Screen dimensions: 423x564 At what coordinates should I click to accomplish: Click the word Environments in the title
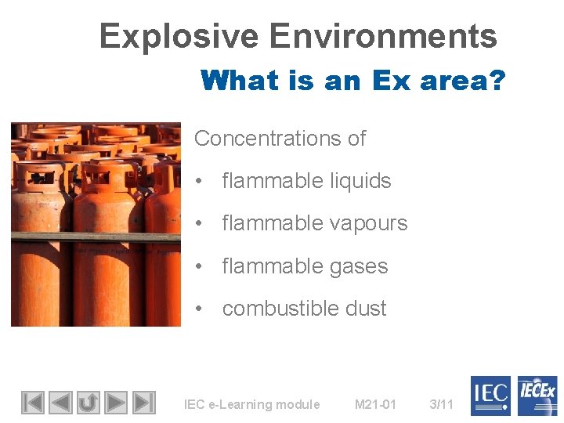coord(383,37)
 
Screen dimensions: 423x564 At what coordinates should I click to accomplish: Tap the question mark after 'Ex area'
coord(496,80)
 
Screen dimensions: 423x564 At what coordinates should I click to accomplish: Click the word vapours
coord(368,223)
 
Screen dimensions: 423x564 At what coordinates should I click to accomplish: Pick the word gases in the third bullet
coord(359,266)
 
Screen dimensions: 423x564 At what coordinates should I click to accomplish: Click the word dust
coord(366,309)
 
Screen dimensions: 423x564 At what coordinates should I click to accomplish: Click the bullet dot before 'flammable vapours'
coord(202,224)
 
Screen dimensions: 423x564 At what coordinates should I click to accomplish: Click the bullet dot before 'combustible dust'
coord(202,309)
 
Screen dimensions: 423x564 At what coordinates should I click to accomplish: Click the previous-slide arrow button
coord(60,403)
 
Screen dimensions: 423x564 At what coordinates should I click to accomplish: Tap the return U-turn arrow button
coord(88,403)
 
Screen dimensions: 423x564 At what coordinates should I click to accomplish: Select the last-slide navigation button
coord(143,403)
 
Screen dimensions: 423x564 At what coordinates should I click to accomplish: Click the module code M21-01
coord(375,404)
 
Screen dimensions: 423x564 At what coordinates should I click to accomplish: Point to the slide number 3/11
coord(442,404)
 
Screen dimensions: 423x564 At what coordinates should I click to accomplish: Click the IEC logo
coord(490,396)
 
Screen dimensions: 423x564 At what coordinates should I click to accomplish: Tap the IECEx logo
coord(537,396)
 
